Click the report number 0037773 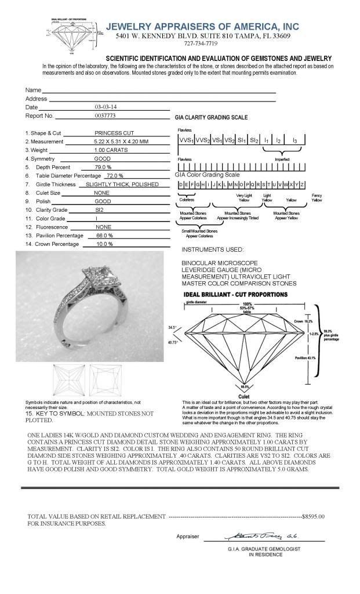tap(105, 116)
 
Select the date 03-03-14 tap(105, 107)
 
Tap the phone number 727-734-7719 tap(201, 44)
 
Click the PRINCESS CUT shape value tap(114, 133)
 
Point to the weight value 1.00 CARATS tap(111, 150)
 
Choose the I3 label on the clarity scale tap(294, 140)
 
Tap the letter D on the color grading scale tap(181, 184)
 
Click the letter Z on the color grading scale tap(302, 184)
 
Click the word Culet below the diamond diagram tap(245, 396)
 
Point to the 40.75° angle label tap(173, 342)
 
